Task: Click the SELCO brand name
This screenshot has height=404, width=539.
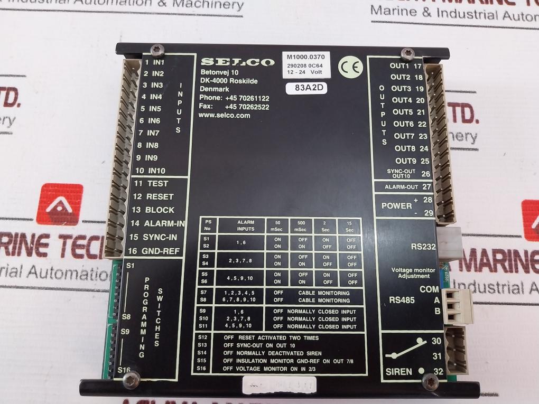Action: coord(237,62)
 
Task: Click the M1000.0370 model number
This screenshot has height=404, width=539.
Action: coord(308,55)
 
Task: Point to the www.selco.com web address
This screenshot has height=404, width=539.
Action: coord(225,115)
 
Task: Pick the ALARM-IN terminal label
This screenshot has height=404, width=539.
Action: coord(164,223)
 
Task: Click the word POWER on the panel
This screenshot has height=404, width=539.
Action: coord(396,205)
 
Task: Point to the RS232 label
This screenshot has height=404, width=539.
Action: coord(423,246)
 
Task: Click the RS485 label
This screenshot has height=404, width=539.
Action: coord(401,300)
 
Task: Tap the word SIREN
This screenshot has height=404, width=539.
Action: coord(399,371)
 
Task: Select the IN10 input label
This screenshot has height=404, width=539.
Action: coord(156,171)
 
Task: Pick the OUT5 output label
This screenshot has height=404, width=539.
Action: coord(402,112)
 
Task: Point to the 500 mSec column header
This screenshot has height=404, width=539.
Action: coord(303,226)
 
